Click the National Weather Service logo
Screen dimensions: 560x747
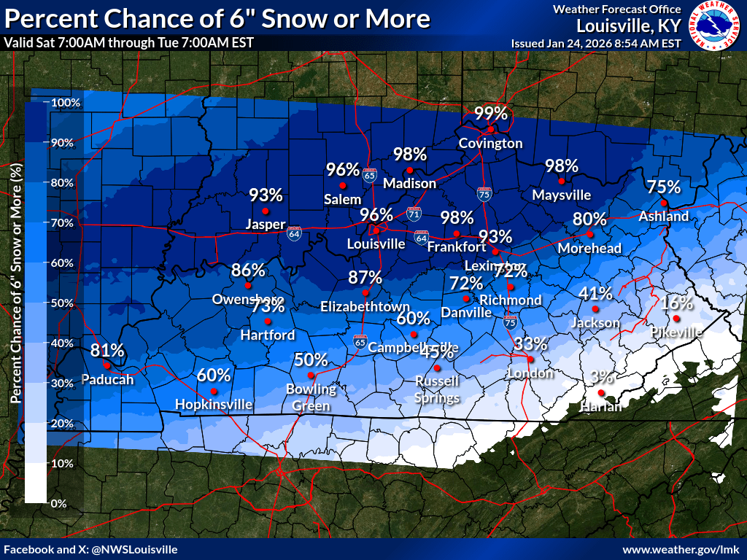pos(716,26)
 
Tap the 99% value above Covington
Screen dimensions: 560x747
pos(491,113)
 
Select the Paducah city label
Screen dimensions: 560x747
pos(107,379)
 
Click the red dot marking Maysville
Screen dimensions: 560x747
pos(561,181)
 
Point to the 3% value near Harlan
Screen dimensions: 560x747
pos(602,377)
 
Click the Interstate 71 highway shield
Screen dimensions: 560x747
pos(414,213)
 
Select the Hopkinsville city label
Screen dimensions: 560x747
pos(214,404)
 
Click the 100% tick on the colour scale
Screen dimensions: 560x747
pos(65,102)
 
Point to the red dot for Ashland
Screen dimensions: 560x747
pos(664,202)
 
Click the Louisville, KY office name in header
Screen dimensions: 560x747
pos(628,26)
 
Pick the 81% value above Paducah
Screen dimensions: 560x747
pos(107,351)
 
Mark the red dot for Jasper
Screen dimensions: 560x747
pos(266,211)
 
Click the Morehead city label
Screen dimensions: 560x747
pos(589,248)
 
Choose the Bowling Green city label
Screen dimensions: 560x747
pos(311,397)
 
